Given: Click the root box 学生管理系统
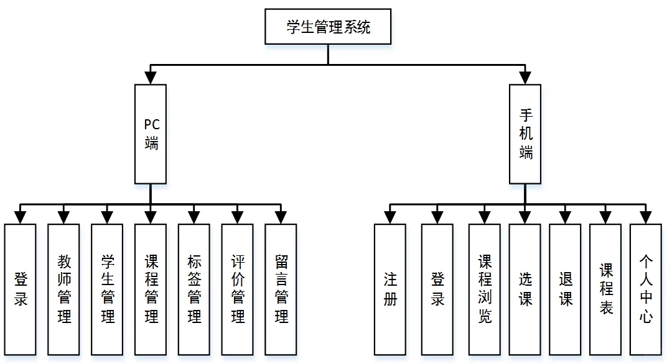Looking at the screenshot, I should click(328, 27).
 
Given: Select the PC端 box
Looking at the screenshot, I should click(151, 134).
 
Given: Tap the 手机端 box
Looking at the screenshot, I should click(525, 134).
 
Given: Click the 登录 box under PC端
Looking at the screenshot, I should click(20, 289).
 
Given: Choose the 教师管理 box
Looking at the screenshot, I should click(63, 289).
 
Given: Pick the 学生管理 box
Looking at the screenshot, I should click(107, 289).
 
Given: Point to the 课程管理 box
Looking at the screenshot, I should click(151, 289).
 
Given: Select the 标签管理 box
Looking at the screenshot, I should click(194, 289).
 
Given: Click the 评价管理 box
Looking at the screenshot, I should click(237, 289).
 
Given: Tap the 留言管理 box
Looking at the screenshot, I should click(281, 289).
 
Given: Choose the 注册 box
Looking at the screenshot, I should click(390, 289).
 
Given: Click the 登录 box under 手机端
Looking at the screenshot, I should click(437, 289).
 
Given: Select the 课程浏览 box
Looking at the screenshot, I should click(485, 289).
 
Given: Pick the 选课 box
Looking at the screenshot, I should click(525, 289).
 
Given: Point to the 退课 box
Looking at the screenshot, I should click(565, 289).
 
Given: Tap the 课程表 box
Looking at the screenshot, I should click(605, 289).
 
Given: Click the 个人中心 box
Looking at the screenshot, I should click(646, 289).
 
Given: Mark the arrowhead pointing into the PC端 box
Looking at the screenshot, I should click(151, 78).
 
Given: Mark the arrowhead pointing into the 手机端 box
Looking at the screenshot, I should click(525, 78).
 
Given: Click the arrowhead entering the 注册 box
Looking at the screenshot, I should click(390, 217).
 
